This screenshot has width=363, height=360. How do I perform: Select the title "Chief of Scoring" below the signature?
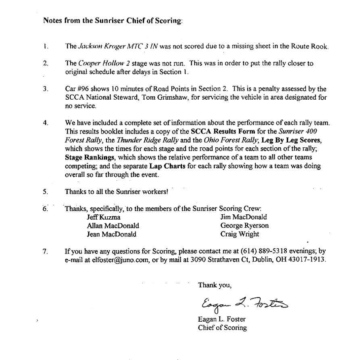[x=222, y=328]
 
